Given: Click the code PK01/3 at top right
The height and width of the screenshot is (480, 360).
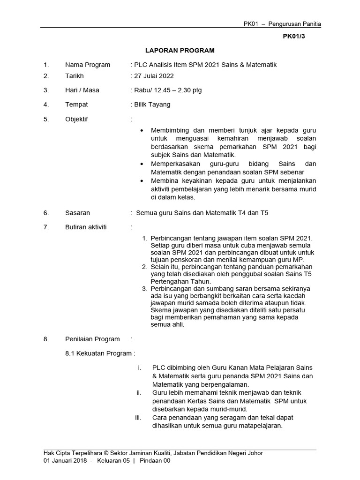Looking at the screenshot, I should pos(294,36).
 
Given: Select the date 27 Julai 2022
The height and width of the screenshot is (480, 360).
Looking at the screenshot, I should pos(154,75).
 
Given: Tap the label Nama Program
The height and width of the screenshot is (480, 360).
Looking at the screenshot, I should pos(88,65).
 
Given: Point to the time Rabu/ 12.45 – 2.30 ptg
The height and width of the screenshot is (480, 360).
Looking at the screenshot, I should pos(168,90).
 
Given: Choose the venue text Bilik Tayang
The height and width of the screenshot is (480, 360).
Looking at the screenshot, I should pos(152,105).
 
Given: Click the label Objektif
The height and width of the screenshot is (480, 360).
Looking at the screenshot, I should pos(76,119).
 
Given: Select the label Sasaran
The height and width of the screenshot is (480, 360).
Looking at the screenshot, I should pos(77,212).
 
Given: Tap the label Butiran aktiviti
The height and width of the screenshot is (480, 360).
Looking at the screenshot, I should pos(86,227).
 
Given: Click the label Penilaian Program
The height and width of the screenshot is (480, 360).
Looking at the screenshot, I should pos(92,339).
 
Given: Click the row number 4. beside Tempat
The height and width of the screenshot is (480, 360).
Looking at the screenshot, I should pos(46,105).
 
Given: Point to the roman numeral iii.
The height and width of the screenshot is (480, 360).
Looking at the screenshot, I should pos(138,417).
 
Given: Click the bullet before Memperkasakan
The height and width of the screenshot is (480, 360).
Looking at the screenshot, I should pos(142,164).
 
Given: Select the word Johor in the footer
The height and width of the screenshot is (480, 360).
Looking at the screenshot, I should pos(254,453).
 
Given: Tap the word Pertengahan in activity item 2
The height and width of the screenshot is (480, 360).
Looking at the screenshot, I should pos(171,281).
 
